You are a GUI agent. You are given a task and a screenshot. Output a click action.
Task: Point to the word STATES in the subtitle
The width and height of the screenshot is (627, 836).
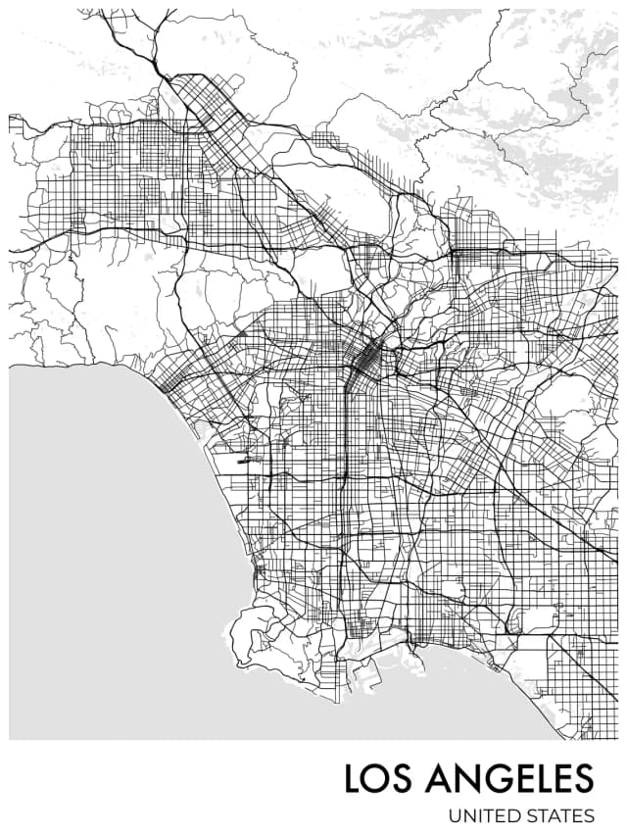(x=560, y=814)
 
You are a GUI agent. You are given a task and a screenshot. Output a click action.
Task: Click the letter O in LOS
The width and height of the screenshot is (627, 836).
(x=378, y=778)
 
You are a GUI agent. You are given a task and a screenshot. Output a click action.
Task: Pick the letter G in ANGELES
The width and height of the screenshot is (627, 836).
(x=494, y=778)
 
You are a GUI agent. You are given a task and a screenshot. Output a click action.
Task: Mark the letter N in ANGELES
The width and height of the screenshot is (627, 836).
(x=466, y=778)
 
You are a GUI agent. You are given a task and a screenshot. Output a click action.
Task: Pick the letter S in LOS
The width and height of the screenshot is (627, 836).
(x=405, y=778)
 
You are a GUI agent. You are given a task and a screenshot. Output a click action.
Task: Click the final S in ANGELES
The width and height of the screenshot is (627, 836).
(x=585, y=778)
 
